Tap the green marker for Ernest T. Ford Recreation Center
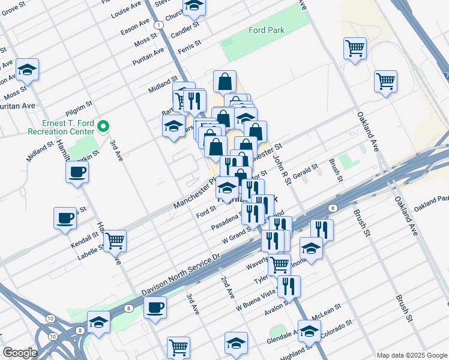pos(103,125)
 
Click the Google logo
pos(19,353)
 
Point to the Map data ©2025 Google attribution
pos(411,355)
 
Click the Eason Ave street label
pos(135,29)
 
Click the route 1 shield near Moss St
pos(157,25)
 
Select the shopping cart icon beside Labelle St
pos(115,241)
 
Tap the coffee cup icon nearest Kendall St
pos(65,218)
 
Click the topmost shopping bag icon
pos(224,81)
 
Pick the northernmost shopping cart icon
pos(355,47)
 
